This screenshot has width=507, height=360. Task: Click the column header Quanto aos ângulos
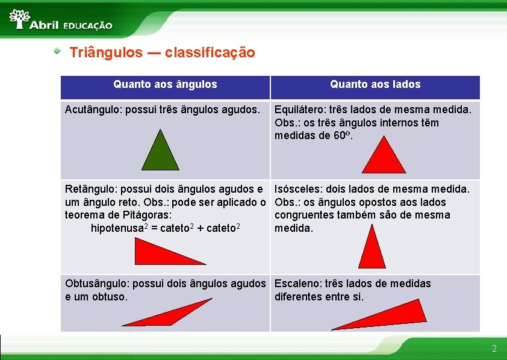pos(165,85)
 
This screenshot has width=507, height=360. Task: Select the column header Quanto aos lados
pos(375,85)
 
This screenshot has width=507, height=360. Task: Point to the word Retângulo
pos(90,189)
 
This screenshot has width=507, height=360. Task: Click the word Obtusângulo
pos(95,284)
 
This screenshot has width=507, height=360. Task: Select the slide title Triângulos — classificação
pos(162,52)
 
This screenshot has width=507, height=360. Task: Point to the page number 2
pos(494,349)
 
